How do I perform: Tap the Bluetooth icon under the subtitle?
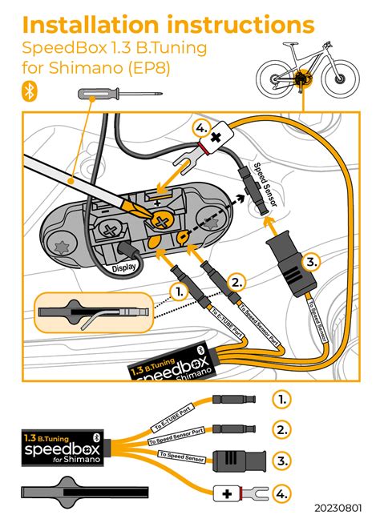(x=31, y=92)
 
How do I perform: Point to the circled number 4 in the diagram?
(x=201, y=127)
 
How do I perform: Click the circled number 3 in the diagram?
(x=313, y=261)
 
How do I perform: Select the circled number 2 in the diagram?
(x=235, y=281)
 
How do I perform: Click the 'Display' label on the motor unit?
(x=125, y=268)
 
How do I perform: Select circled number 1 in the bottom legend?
(x=281, y=398)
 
